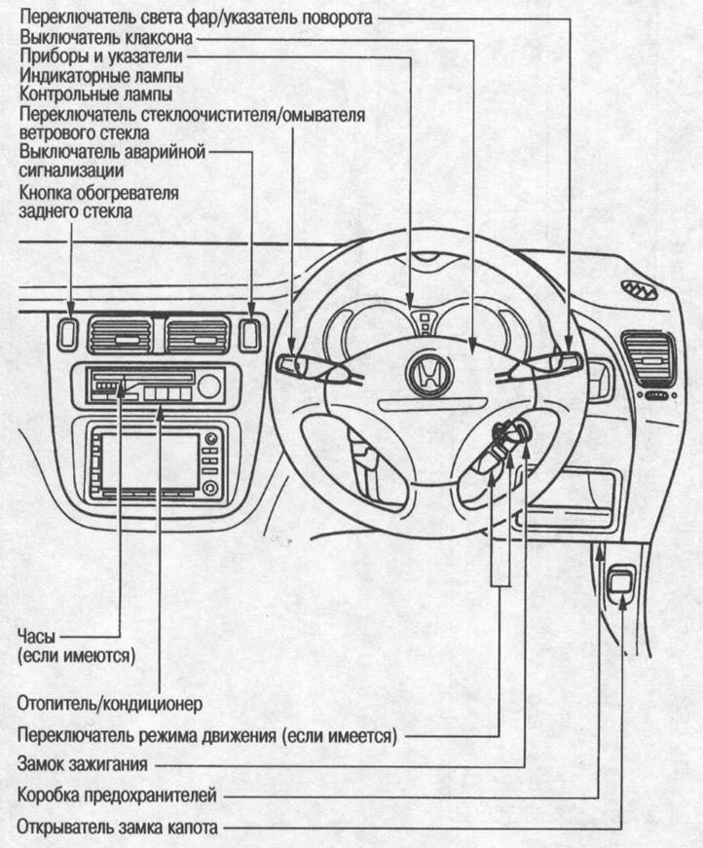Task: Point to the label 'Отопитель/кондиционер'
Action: pos(109,701)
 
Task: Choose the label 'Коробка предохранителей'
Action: pos(114,795)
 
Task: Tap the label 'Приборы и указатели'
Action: pos(94,57)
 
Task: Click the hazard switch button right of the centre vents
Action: pos(251,333)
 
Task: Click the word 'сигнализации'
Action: pos(63,169)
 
